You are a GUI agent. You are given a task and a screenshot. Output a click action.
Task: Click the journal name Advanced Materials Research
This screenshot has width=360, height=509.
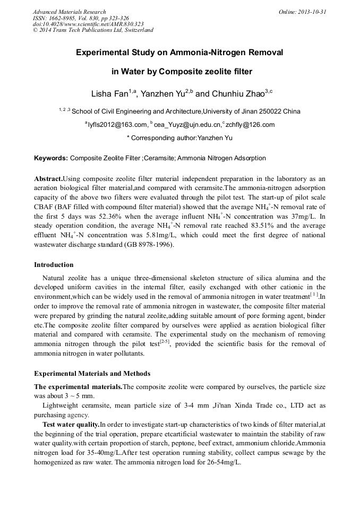pyautogui.click(x=69, y=12)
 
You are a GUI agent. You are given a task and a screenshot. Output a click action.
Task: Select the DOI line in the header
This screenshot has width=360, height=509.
pyautogui.click(x=88, y=24)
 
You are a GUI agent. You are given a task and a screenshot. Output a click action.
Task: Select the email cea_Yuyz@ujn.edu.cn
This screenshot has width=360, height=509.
pyautogui.click(x=187, y=125)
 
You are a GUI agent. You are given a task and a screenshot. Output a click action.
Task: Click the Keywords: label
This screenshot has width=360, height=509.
pyautogui.click(x=51, y=158)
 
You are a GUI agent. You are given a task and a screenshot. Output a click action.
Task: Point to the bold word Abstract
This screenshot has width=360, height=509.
pyautogui.click(x=48, y=179)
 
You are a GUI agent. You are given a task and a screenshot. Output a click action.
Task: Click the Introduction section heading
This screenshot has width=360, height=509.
pyautogui.click(x=54, y=264)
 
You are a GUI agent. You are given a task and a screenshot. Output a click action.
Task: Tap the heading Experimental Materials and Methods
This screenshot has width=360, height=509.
pyautogui.click(x=92, y=374)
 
